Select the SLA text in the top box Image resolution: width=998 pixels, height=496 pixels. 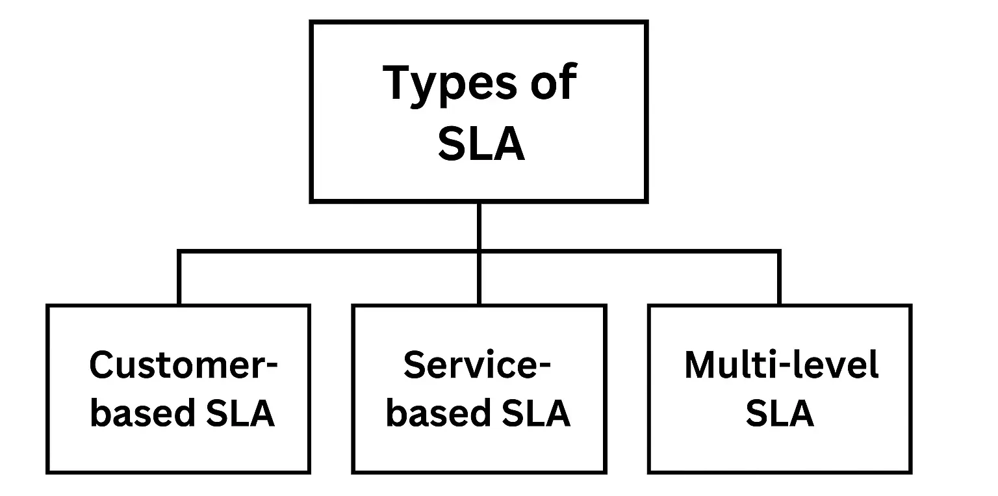point(481,145)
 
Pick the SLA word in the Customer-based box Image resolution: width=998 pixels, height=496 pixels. point(240,413)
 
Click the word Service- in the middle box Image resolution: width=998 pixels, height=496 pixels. point(477,365)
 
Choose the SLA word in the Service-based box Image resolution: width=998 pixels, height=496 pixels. point(536,413)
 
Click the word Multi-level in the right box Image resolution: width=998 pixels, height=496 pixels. point(781,365)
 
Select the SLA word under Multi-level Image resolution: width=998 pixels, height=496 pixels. point(780,413)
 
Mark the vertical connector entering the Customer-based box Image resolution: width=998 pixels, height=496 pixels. point(179,278)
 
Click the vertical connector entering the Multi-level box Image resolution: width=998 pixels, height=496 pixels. point(779,278)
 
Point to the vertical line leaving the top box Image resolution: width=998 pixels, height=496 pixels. point(479,226)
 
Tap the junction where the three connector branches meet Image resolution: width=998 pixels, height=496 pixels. point(479,251)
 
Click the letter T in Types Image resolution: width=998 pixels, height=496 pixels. point(398,83)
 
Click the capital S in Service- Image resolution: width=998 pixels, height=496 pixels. point(416,365)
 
